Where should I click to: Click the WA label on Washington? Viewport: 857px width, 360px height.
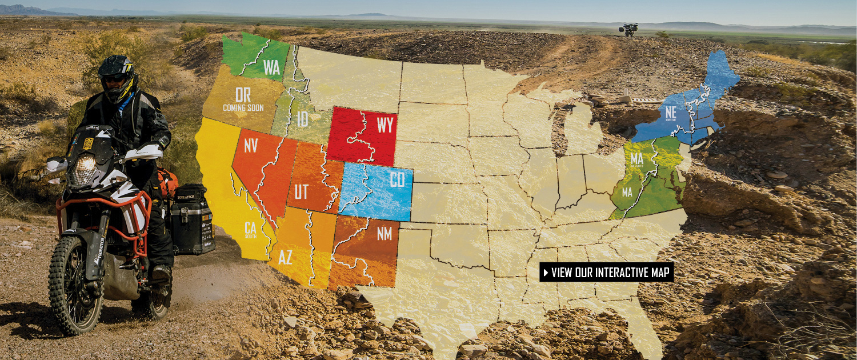pyautogui.click(x=272, y=67)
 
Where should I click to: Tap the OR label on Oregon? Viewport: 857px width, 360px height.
pyautogui.click(x=243, y=95)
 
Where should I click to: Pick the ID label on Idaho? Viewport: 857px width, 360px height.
pyautogui.click(x=303, y=119)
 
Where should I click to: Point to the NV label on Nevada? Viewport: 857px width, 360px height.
pyautogui.click(x=251, y=146)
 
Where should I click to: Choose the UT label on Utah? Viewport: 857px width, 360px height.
pyautogui.click(x=302, y=191)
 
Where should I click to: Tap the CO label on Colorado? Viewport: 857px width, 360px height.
pyautogui.click(x=397, y=180)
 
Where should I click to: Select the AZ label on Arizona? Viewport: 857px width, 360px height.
pyautogui.click(x=286, y=258)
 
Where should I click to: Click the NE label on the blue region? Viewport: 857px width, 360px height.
pyautogui.click(x=671, y=111)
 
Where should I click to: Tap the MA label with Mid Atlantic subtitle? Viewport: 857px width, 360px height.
pyautogui.click(x=637, y=159)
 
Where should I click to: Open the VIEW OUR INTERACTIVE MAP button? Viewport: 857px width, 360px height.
pyautogui.click(x=607, y=272)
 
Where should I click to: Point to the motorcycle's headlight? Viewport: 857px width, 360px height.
pyautogui.click(x=86, y=166)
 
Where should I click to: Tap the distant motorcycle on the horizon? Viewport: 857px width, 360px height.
pyautogui.click(x=630, y=30)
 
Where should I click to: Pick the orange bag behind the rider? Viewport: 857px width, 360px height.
pyautogui.click(x=167, y=181)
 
